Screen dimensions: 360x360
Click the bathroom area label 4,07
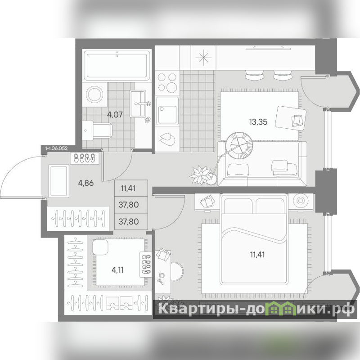[115, 114]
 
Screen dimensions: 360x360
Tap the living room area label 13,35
[258, 121]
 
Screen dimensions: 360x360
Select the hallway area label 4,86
[85, 183]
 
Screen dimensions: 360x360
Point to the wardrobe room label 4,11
[117, 270]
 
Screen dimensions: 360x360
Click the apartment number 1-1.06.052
[57, 148]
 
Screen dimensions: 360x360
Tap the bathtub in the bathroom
[117, 65]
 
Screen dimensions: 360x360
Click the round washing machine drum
[94, 94]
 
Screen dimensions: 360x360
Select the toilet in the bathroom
[97, 130]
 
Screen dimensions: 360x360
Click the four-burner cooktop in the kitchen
[167, 83]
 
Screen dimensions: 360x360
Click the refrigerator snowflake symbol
[203, 58]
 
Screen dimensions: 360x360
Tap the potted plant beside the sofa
[200, 175]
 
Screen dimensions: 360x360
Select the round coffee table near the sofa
[239, 145]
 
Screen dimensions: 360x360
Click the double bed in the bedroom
[254, 239]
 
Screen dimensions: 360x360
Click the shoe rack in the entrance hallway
[85, 158]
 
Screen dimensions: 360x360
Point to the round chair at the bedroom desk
[177, 271]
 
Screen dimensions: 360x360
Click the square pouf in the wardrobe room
[100, 247]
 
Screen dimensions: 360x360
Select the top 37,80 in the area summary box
[129, 205]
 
